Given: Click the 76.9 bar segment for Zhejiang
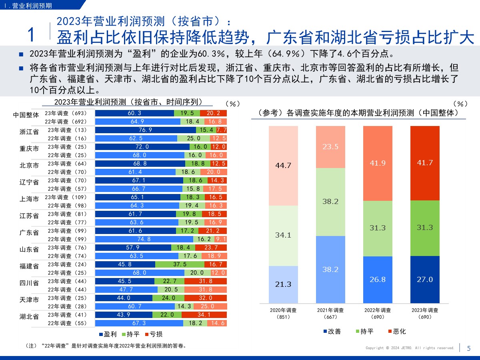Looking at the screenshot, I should tap(146, 130).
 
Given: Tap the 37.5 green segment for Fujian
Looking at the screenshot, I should tap(180, 264).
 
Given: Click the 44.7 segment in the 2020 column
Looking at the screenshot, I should tap(283, 166).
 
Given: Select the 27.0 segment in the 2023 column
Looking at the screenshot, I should tap(425, 279).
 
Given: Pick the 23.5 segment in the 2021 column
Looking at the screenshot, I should tap(330, 147).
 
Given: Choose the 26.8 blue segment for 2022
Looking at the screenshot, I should tap(378, 279).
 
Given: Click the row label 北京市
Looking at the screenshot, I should tap(29, 165).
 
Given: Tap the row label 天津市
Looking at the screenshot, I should tap(29, 300).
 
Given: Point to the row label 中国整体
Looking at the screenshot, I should tap(26, 115).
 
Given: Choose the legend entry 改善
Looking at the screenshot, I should tap(332, 331).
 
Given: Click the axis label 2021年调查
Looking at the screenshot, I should tap(330, 310).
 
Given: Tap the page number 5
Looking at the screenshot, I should tap(469, 348).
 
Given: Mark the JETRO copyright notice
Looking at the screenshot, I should tap(410, 348).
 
